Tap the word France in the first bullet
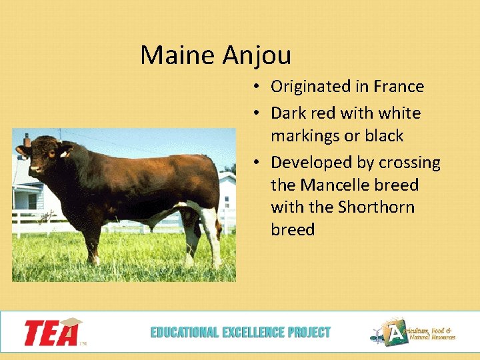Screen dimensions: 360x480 (399, 87)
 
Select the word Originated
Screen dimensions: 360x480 (311, 87)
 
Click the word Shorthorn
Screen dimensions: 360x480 (376, 207)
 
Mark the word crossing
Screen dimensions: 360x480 (413, 163)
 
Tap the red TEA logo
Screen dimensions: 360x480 (52, 332)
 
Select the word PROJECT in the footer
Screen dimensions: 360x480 (309, 332)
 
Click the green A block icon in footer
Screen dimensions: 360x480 (398, 333)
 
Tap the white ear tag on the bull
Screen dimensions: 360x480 (64, 154)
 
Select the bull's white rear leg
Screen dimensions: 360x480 (212, 233)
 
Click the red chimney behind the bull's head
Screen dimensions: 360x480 (27, 140)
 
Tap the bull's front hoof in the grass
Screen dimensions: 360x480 (95, 261)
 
